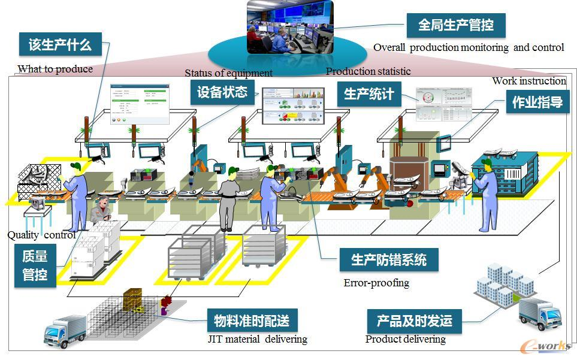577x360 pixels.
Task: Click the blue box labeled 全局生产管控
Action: [456, 26]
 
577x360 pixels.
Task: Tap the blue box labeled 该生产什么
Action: [60, 44]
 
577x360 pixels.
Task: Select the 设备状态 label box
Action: [222, 92]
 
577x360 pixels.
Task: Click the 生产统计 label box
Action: [369, 95]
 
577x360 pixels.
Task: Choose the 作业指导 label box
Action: [537, 102]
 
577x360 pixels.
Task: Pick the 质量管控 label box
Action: [35, 266]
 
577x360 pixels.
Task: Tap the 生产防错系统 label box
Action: [389, 260]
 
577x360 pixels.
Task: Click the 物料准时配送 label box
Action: [252, 321]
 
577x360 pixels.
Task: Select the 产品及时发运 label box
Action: [414, 321]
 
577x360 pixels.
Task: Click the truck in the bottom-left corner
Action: [65, 331]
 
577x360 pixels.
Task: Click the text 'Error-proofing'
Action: [376, 283]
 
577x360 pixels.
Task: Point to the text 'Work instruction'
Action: [528, 81]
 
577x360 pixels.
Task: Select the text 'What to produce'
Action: [55, 69]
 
